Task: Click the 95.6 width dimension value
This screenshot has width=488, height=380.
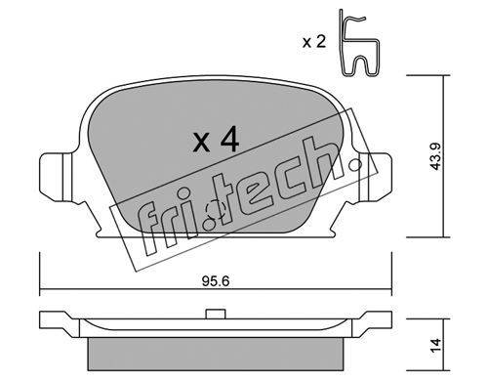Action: tap(216, 281)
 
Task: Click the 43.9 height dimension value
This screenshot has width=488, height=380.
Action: tap(435, 156)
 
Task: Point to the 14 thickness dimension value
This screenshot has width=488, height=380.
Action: tap(435, 345)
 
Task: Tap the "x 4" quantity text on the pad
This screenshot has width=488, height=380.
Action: tap(216, 140)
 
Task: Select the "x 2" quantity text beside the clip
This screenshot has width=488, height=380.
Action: tap(314, 42)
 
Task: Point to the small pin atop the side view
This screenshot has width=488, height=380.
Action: tap(216, 314)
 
